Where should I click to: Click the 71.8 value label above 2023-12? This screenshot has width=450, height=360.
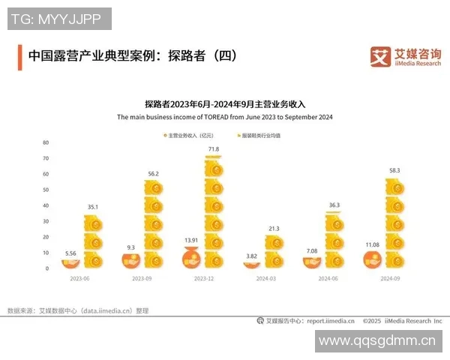pos(214,149)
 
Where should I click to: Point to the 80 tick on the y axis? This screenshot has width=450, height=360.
pos(46,142)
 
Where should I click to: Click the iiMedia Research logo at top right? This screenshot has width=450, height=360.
pos(406,56)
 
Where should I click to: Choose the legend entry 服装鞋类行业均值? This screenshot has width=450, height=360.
pos(263,136)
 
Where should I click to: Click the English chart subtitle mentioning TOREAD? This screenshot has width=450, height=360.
pos(225,118)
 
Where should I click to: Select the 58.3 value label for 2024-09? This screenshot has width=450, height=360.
pos(394,170)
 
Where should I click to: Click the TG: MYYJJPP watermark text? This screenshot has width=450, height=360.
pos(59,18)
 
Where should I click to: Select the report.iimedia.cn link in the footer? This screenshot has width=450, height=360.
pos(327,320)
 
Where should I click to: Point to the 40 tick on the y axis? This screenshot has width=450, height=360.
pos(46,205)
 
